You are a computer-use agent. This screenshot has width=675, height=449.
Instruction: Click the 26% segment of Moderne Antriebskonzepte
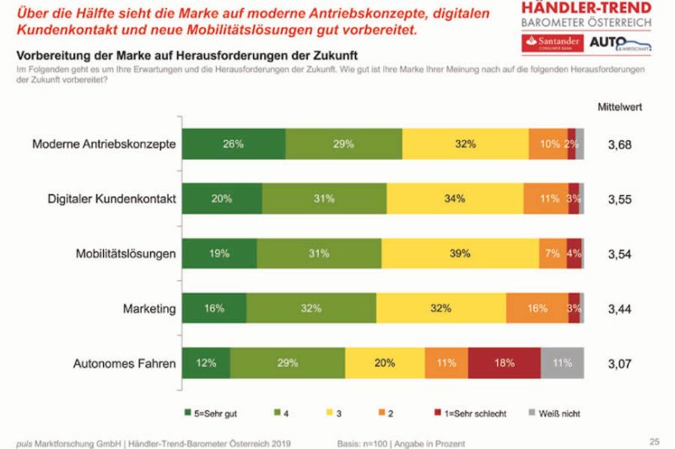[x=234, y=144]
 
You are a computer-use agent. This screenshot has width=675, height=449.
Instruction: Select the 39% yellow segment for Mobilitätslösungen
[x=460, y=254]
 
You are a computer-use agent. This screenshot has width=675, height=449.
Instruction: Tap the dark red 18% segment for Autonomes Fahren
[x=504, y=364]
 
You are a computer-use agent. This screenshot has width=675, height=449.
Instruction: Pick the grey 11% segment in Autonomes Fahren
[x=562, y=364]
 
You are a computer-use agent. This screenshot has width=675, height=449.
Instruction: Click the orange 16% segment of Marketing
[x=537, y=309]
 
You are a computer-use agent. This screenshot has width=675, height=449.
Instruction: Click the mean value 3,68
[x=619, y=144]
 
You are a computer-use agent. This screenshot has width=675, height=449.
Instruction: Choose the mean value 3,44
[x=619, y=309]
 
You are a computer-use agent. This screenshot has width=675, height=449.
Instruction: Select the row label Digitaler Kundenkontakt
[x=111, y=199]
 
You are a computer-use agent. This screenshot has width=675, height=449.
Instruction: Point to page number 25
[x=654, y=440]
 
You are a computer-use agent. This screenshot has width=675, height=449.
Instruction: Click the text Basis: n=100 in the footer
[x=360, y=441]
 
